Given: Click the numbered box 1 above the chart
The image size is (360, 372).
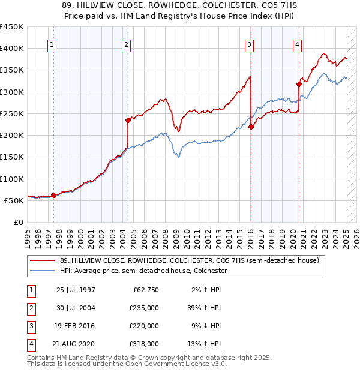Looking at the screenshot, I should (52, 44).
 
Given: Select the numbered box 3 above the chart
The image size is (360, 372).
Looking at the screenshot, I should (249, 44).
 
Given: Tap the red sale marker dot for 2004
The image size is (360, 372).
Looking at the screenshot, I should (128, 120).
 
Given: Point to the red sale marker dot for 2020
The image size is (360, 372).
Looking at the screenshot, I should (299, 84).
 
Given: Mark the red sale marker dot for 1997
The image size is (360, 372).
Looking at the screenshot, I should (53, 195).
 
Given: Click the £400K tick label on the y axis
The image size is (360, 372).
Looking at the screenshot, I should (12, 49).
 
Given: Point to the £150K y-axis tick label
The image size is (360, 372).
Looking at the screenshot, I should (12, 157).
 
